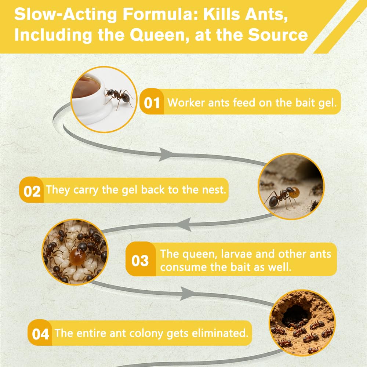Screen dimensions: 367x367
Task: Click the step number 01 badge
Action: pos(152,102)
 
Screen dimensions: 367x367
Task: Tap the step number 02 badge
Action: pos(32,190)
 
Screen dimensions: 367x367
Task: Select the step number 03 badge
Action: pos(141,259)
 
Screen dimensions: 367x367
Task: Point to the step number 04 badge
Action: pos(40,333)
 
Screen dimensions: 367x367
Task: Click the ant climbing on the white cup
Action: pos(119,97)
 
